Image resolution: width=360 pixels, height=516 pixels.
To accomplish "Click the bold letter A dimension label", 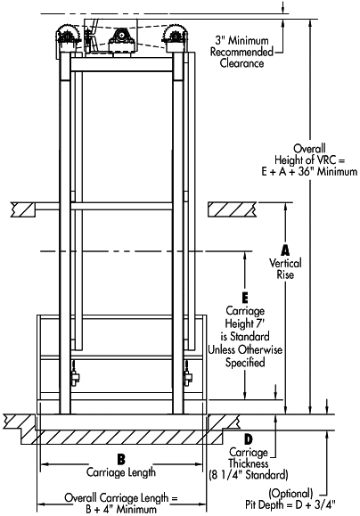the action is [285, 250].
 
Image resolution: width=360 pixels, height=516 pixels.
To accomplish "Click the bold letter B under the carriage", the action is [121, 459].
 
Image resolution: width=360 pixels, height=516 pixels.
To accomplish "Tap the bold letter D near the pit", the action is [249, 439].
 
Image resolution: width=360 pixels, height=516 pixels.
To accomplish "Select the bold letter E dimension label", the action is [245, 299].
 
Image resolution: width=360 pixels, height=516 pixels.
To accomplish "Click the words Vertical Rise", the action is [285, 269].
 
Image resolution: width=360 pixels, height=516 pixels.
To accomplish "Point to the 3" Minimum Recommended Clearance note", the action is [241, 52].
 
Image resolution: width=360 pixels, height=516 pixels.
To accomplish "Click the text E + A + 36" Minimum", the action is [309, 171].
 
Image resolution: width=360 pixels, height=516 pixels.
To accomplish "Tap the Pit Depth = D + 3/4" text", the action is [290, 504].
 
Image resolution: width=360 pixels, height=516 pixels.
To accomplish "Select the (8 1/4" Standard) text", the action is [249, 475].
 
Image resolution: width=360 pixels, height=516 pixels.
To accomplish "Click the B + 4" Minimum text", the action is [121, 510].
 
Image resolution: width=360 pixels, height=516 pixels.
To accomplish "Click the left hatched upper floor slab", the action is [23, 209].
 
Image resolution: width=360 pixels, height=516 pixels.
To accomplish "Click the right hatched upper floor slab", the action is [233, 209].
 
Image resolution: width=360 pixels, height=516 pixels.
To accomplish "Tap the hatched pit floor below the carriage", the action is [122, 437].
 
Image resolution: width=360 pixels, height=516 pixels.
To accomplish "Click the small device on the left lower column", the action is [76, 375].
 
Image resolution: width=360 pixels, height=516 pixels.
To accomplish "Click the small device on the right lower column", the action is [188, 375].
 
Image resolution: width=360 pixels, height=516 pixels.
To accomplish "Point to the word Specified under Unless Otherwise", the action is [245, 363].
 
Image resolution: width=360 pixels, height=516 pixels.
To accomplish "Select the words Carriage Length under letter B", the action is [121, 472].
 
